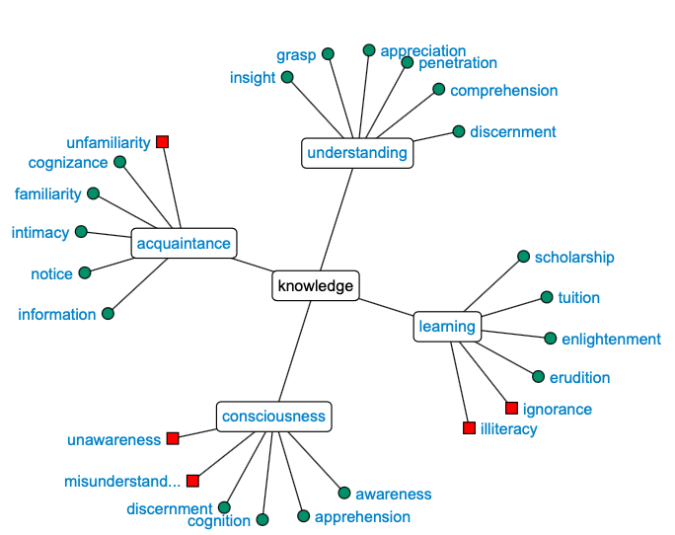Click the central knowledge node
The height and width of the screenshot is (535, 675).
315,286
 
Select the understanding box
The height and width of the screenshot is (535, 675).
356,153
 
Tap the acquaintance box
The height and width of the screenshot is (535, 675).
184,244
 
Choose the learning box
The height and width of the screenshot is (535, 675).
446,327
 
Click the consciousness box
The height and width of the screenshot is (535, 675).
273,417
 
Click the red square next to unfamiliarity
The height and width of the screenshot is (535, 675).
163,142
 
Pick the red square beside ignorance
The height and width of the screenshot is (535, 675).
511,409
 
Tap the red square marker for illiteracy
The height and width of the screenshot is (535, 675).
469,428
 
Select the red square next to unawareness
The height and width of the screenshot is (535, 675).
173,438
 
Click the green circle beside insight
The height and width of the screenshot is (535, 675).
287,77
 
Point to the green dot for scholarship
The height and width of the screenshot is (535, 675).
523,257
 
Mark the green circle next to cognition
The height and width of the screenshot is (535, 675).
262,519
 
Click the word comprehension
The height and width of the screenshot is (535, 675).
503,91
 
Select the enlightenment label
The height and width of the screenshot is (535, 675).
611,340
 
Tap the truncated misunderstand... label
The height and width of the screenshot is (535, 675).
122,481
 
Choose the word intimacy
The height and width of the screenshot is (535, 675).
40,233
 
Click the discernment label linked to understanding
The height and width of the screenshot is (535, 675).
512,132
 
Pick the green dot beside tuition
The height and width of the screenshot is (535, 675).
546,297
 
